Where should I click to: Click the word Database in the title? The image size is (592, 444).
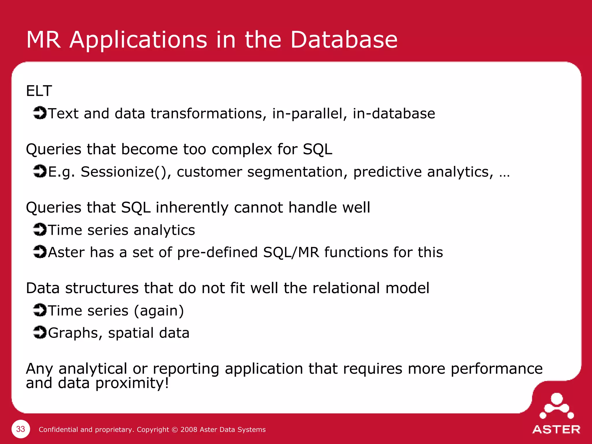(344, 40)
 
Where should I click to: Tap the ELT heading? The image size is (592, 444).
(39, 91)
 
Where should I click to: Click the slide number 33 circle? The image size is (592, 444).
(21, 429)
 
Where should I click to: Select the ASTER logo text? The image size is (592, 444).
(556, 430)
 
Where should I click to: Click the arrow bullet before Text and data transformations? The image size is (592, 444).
(40, 113)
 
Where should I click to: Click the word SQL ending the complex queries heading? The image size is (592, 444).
(317, 149)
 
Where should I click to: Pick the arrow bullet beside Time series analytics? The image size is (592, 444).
(40, 230)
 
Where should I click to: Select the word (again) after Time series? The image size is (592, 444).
(159, 311)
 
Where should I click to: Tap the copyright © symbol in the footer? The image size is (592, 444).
(175, 430)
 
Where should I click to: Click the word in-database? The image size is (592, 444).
(394, 114)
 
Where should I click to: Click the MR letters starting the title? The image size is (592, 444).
(44, 40)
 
